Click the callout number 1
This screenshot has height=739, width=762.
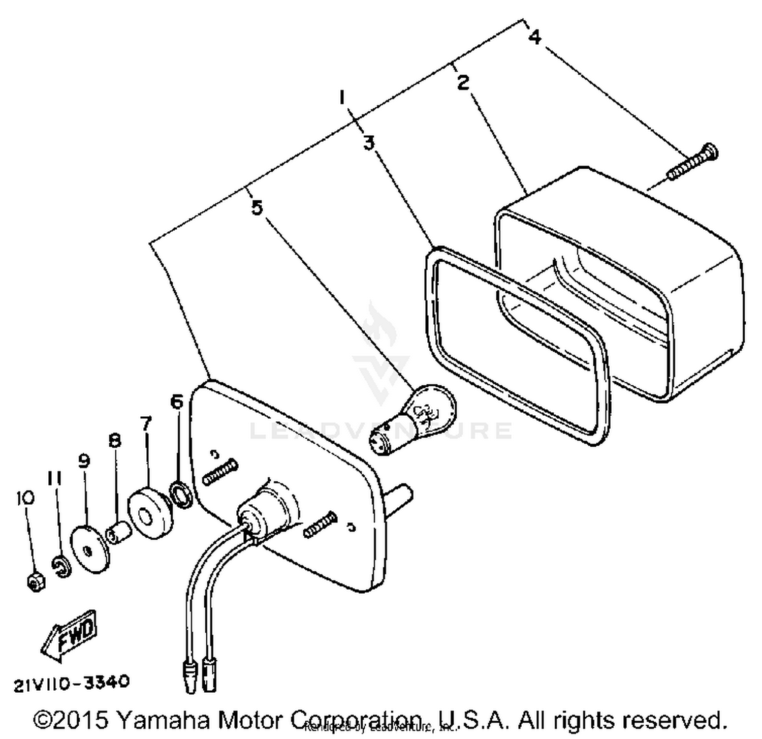coord(343,97)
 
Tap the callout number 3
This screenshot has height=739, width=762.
coord(369,143)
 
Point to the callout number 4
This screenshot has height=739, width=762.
coord(534,37)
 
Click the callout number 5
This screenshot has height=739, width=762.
coord(257,207)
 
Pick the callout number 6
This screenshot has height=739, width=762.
coord(176,402)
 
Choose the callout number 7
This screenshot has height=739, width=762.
coord(146,423)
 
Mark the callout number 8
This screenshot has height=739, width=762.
coord(115,440)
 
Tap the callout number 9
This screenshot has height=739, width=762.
coord(84,461)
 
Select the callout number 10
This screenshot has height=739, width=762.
coord(25,497)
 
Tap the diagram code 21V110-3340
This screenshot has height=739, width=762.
coord(72,683)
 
